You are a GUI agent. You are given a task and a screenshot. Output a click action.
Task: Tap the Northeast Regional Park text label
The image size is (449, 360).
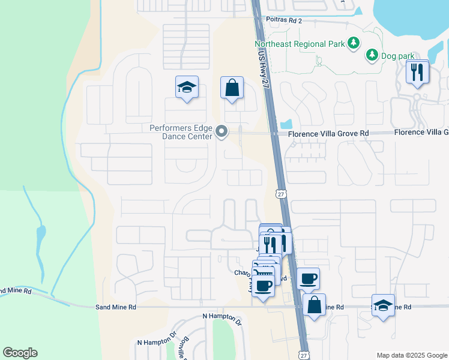[300, 44]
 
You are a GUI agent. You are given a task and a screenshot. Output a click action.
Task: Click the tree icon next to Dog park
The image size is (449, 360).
[372, 55]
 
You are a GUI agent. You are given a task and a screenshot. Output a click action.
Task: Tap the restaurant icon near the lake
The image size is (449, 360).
[417, 73]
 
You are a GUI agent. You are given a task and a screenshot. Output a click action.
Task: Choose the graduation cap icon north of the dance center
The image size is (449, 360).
[187, 88]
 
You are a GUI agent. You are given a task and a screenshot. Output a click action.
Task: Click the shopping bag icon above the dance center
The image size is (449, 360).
[231, 88]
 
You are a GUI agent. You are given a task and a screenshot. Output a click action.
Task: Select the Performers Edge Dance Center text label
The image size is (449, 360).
[181, 132]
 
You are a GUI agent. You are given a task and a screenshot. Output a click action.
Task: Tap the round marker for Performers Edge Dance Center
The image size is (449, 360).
[222, 131]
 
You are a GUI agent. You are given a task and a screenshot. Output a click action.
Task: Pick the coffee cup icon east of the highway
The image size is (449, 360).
[308, 278]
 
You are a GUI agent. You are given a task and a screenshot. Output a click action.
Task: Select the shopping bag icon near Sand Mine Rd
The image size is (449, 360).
[314, 304]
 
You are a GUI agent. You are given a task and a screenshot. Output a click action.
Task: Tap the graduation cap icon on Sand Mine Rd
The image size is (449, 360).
[383, 305]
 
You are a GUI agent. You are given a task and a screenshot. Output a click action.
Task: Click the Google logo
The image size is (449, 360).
[20, 353]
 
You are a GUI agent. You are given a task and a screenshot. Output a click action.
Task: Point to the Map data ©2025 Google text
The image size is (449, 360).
[411, 355]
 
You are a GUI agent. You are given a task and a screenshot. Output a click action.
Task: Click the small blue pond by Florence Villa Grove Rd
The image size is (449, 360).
[286, 124]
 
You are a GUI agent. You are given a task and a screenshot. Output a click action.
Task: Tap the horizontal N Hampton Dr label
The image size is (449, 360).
[221, 316]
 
